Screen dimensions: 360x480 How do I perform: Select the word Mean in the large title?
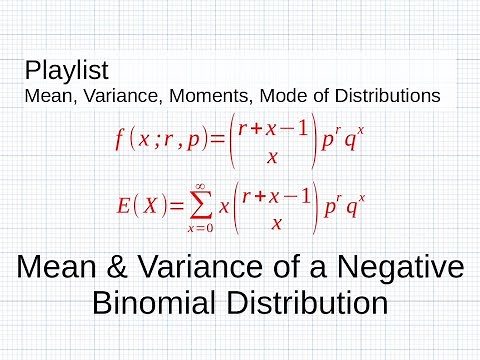(55, 268)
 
